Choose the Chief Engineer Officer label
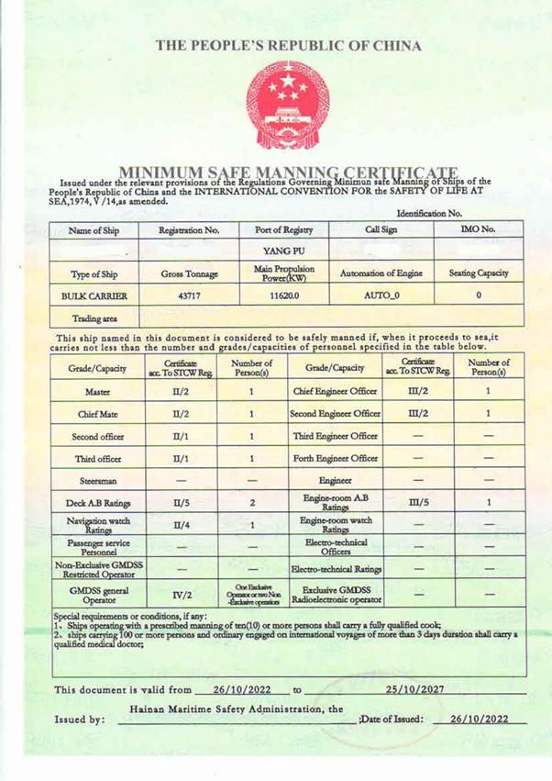(x=335, y=390)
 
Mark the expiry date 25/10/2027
(x=416, y=689)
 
